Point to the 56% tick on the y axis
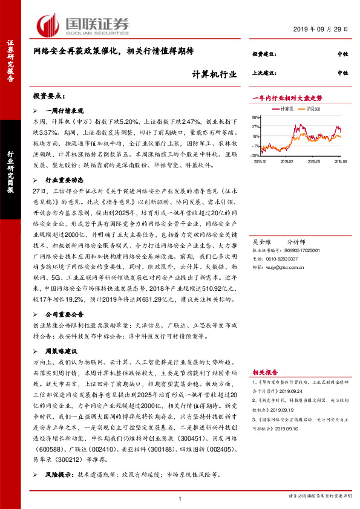(x=257, y=118)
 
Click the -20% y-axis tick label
(x=256, y=155)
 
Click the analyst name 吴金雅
(x=261, y=239)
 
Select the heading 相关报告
(x=266, y=374)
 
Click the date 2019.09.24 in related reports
(x=296, y=390)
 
